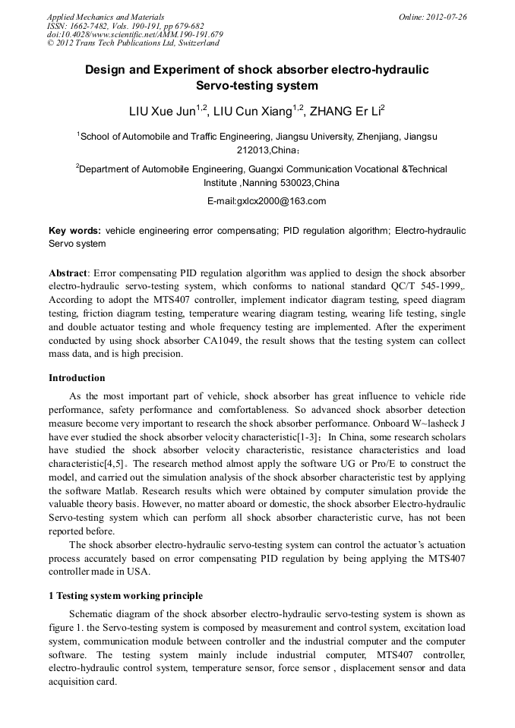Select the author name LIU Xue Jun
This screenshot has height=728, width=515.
pyautogui.click(x=163, y=112)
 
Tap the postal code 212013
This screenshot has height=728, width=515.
pyautogui.click(x=253, y=150)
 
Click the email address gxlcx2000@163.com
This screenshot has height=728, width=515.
pyautogui.click(x=267, y=201)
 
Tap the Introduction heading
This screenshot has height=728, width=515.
pyautogui.click(x=77, y=378)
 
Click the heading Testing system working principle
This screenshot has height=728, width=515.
pyautogui.click(x=130, y=596)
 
